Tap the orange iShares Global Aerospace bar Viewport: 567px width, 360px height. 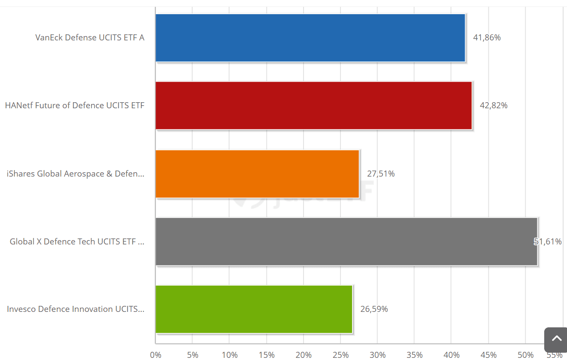tap(257, 174)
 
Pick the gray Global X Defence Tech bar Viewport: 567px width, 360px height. tap(346, 241)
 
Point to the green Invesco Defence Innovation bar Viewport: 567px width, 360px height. tap(254, 309)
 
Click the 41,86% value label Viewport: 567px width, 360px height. tap(487, 38)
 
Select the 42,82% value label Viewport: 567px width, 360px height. tap(493, 106)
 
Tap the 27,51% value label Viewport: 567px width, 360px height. tap(380, 174)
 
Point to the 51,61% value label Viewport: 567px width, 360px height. tap(548, 242)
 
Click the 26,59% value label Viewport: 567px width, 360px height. tap(374, 309)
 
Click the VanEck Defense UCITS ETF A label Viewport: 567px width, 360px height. tap(90, 38)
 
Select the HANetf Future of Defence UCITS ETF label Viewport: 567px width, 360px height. tap(75, 106)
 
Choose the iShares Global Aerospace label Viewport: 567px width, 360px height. tap(76, 174)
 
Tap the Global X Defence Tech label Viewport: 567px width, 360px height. tap(77, 242)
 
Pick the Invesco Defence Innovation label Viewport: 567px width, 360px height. tap(76, 309)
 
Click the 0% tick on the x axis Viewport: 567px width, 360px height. tap(156, 355)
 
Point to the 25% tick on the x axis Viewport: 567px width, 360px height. tap(340, 355)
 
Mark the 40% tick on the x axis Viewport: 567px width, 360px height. tap(451, 355)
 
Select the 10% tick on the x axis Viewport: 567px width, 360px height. tap(230, 355)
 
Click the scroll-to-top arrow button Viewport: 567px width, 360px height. tap(556, 339)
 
